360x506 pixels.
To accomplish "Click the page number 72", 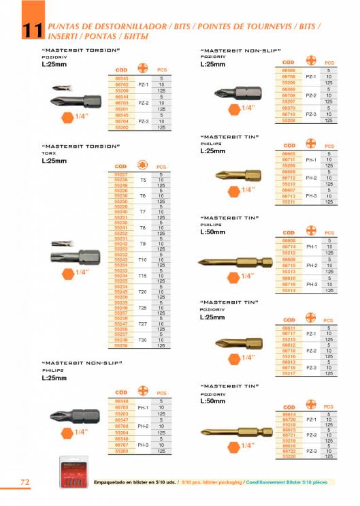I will (24, 482).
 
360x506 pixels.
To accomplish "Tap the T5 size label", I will (142, 180).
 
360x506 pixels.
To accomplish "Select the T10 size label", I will (142, 259).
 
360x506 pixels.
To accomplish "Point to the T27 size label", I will (142, 323).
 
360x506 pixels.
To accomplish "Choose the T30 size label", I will (142, 339).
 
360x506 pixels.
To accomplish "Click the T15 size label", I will (142, 275).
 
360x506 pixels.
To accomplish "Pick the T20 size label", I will (142, 291).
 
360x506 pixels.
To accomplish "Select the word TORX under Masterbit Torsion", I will (48, 154).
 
